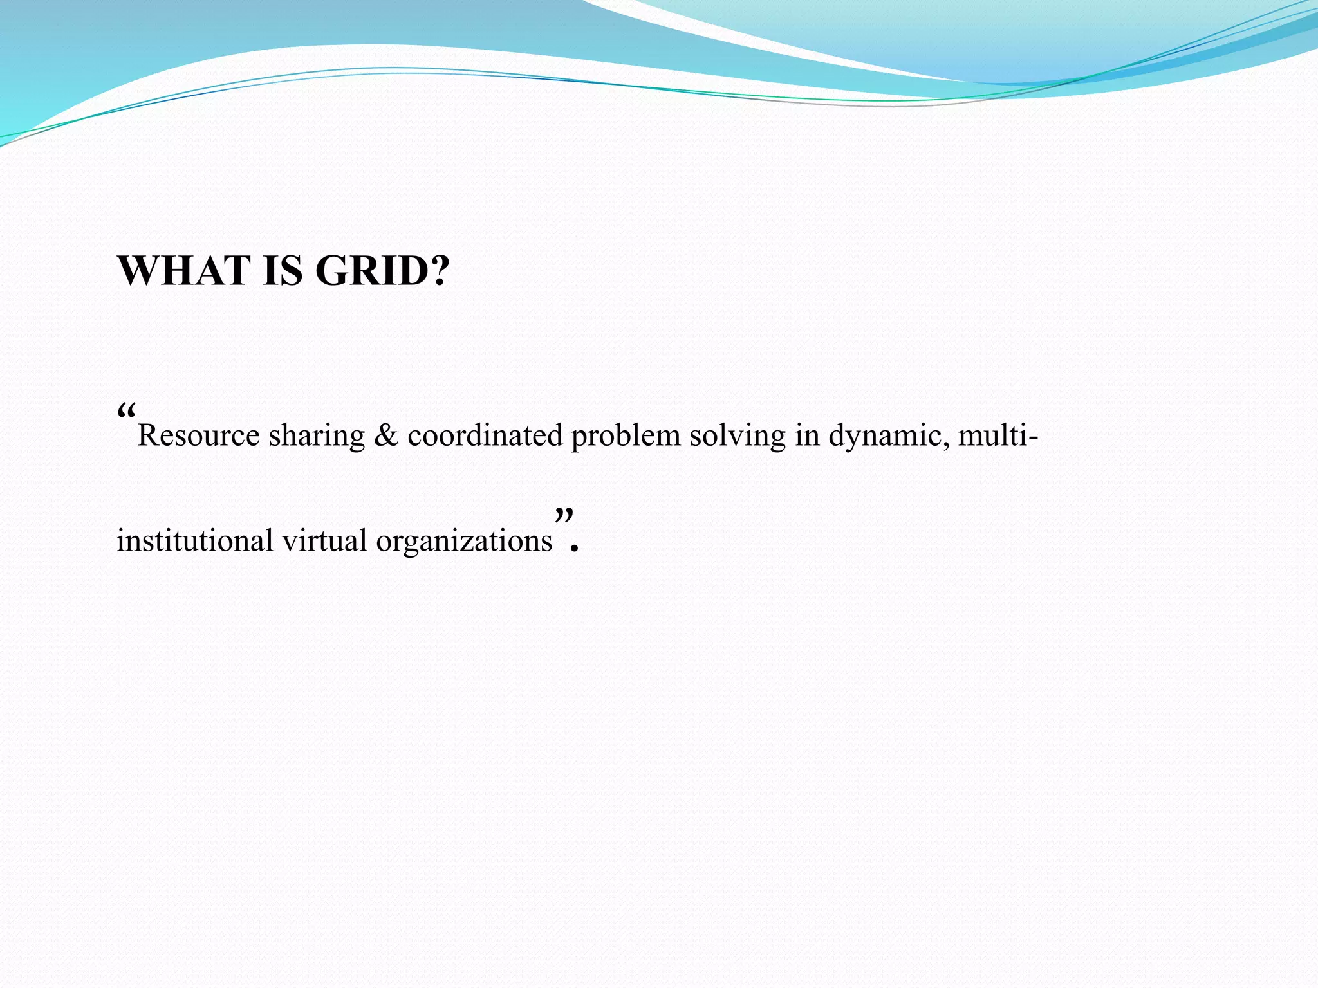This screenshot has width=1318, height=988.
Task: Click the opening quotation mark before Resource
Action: tap(126, 410)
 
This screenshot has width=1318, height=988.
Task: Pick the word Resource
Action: tap(198, 436)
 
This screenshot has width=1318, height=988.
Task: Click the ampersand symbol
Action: tap(385, 435)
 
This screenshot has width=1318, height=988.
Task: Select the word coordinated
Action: tap(485, 435)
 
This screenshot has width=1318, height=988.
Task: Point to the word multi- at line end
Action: tap(998, 435)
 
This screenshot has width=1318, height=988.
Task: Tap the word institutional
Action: tap(195, 540)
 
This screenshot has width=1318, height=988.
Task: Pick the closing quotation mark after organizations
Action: tap(564, 515)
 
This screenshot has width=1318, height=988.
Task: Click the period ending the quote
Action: tap(575, 549)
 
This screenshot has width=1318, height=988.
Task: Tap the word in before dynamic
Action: tap(806, 435)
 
